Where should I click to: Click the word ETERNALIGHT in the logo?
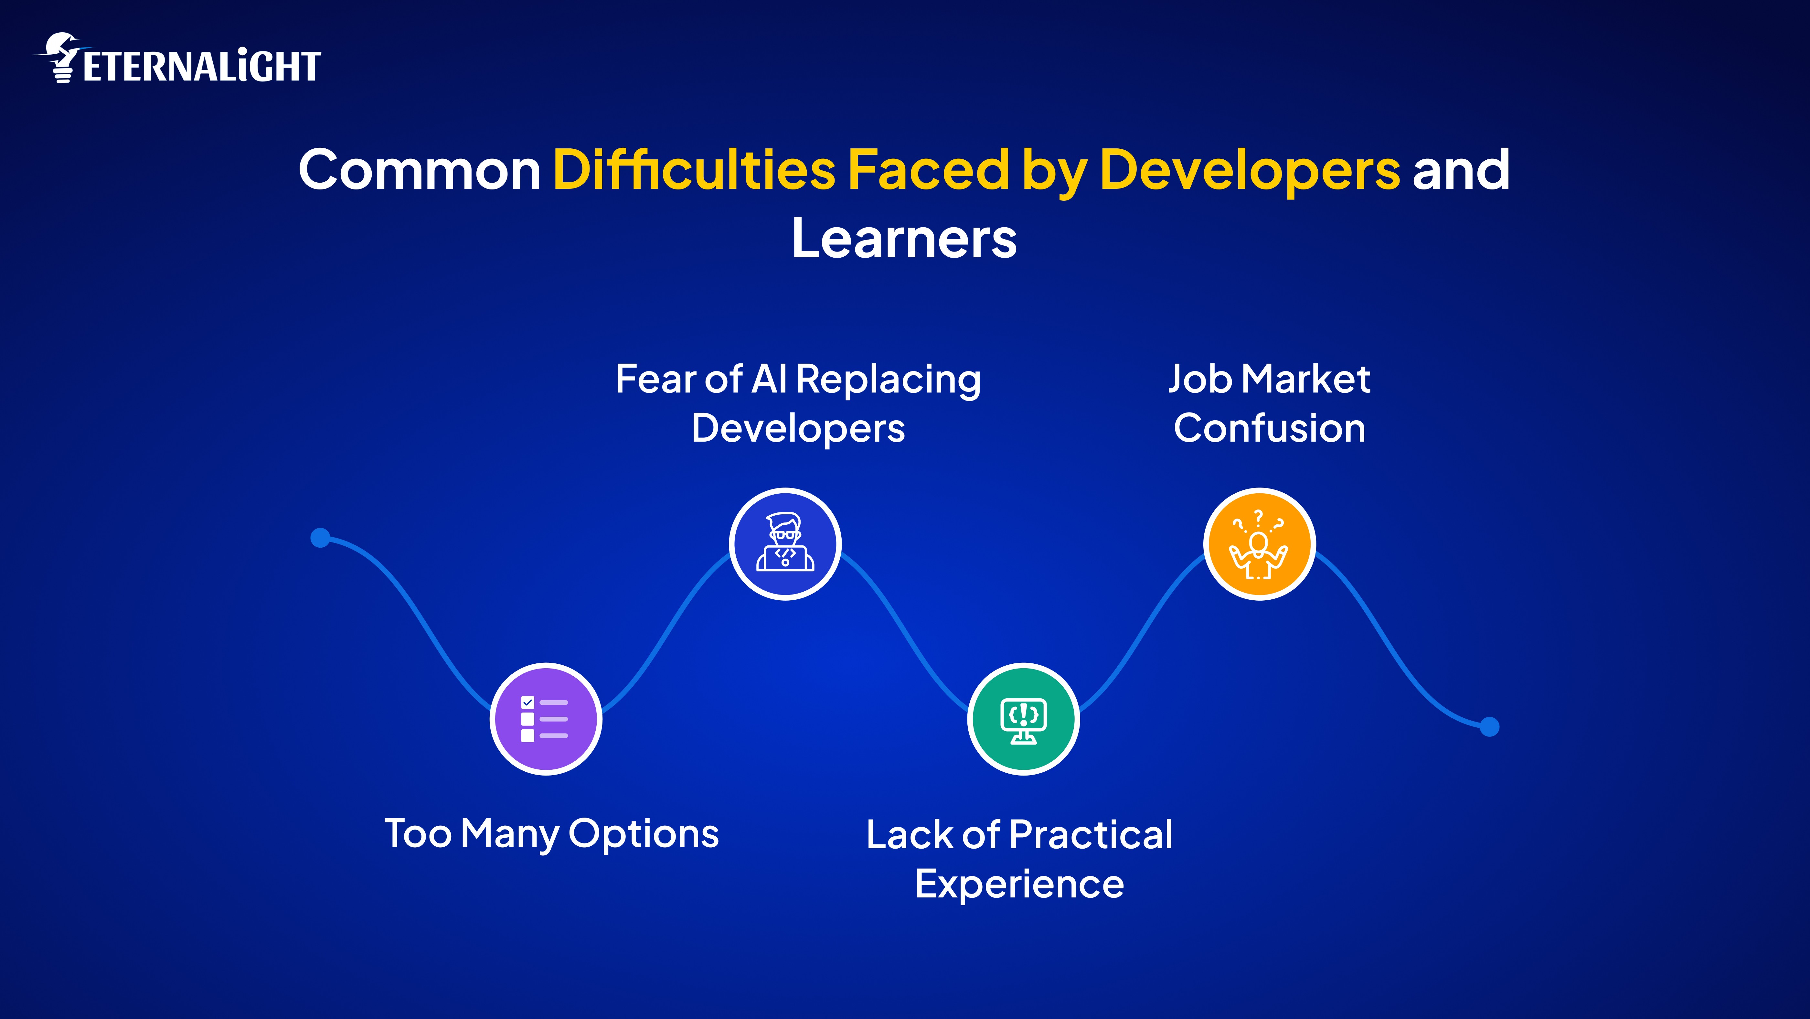click(x=202, y=67)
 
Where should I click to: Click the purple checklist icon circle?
click(x=546, y=719)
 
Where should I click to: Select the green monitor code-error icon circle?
click(x=1023, y=719)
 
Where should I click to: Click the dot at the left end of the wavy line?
click(x=320, y=538)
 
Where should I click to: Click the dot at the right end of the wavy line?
click(x=1490, y=727)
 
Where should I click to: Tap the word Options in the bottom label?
click(x=644, y=834)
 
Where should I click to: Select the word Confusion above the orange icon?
click(x=1270, y=429)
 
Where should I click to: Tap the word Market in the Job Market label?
click(x=1305, y=380)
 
